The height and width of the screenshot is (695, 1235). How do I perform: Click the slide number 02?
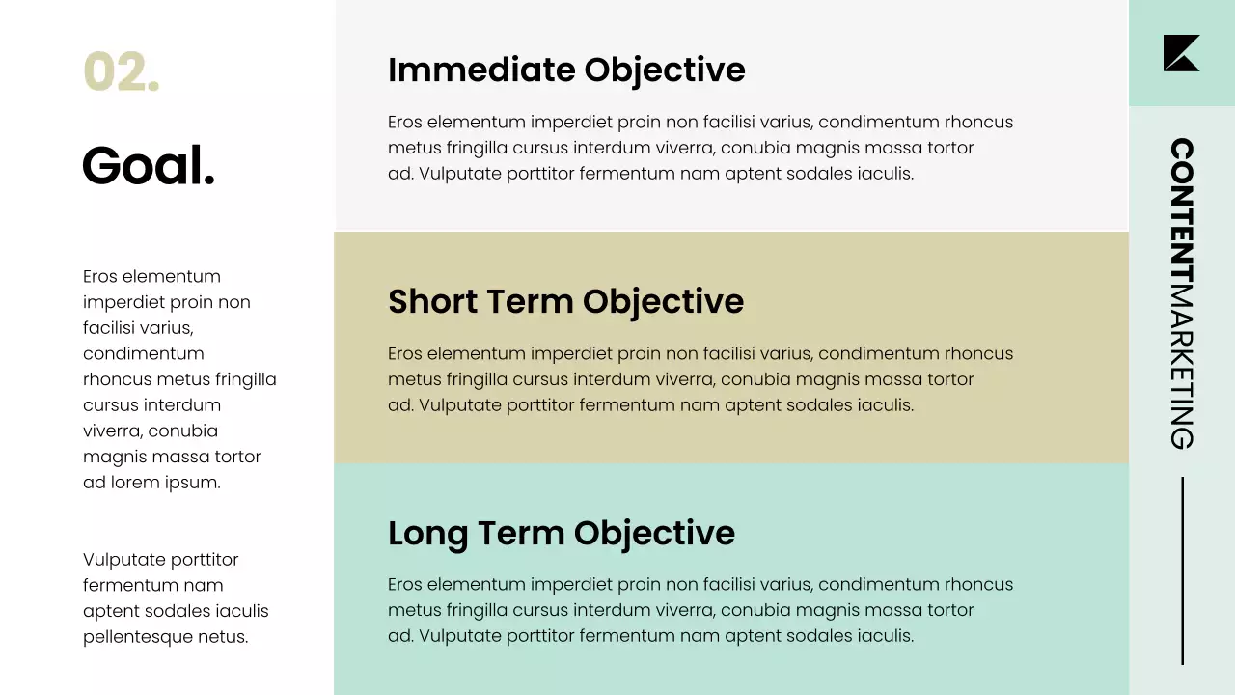coord(121,72)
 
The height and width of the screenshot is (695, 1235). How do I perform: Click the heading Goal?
coord(149,166)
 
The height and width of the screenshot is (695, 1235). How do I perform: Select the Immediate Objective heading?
coord(566,70)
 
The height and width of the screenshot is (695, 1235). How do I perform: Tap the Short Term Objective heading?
coord(565,301)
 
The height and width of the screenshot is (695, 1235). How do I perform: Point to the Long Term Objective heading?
coord(561,533)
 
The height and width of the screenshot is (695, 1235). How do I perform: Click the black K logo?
coord(1181,53)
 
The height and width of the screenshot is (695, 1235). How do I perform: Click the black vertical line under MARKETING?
coord(1182,570)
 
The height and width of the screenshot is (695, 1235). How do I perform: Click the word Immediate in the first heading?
coord(481,70)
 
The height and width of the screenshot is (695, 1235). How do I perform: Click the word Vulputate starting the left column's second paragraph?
coord(124,560)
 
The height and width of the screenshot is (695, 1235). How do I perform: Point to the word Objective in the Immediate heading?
coord(665,70)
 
